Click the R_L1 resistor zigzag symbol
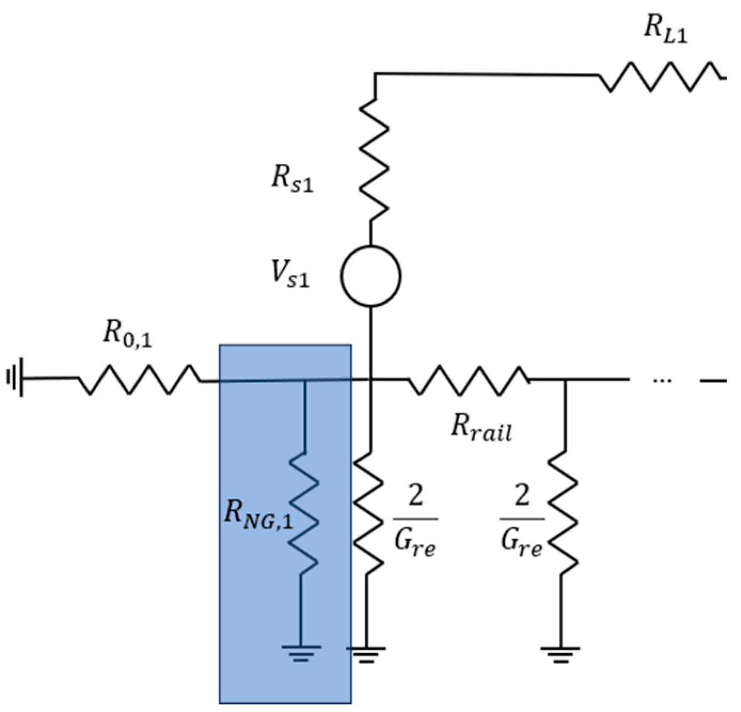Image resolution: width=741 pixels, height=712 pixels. tap(660, 77)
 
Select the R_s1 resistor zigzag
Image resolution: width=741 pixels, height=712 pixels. tap(373, 160)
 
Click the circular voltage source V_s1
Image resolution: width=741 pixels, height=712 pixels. tap(370, 276)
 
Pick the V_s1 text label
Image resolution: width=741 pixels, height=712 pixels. tap(290, 274)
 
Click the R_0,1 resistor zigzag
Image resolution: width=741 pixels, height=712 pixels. tap(140, 379)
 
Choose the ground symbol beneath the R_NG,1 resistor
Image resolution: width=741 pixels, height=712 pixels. tap(301, 652)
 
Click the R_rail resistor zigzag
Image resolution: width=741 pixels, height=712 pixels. tap(468, 380)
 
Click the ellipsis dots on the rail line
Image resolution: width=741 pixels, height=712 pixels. tap(662, 381)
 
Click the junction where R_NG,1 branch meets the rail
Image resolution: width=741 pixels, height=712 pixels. tap(305, 382)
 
